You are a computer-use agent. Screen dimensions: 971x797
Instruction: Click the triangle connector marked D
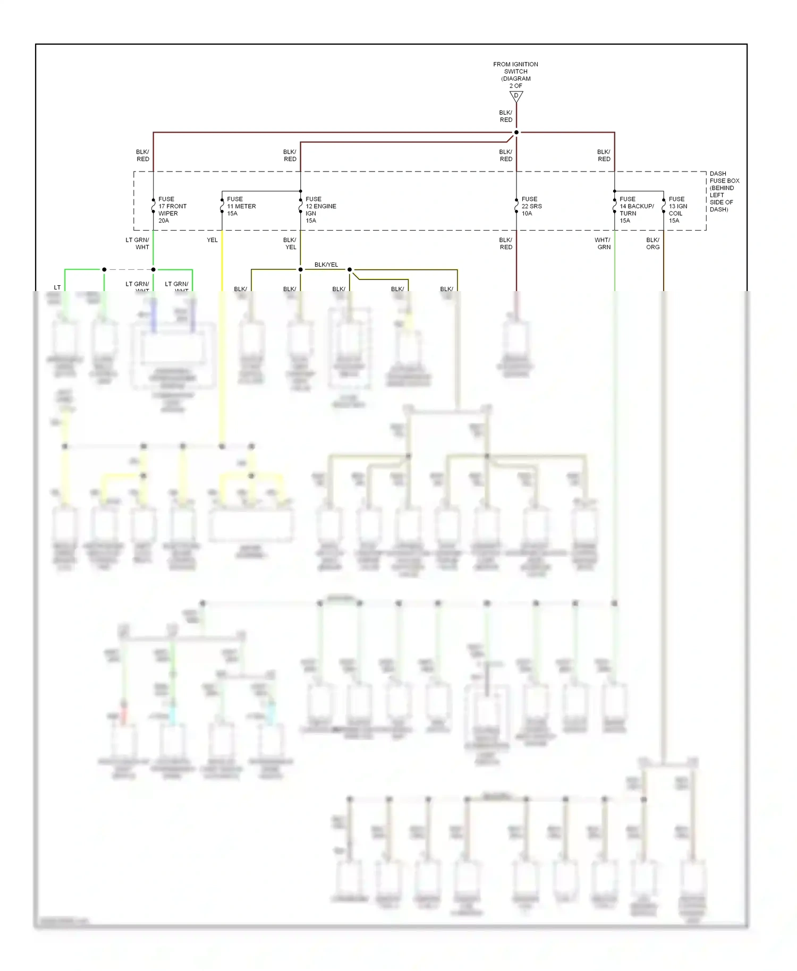(x=516, y=97)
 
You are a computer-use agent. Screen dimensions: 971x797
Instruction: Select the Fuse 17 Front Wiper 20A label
(x=172, y=210)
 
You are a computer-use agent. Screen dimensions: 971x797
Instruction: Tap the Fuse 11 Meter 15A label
(x=241, y=206)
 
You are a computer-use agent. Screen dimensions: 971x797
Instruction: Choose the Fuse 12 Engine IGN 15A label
(x=320, y=210)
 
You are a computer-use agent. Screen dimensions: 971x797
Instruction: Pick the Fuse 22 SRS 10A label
(x=531, y=206)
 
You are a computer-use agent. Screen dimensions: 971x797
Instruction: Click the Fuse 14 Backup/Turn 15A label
(x=636, y=210)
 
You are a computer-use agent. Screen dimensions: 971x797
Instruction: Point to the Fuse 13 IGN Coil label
(x=677, y=210)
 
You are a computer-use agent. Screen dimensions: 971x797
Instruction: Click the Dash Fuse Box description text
(x=724, y=191)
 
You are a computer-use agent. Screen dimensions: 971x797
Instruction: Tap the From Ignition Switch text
(x=515, y=75)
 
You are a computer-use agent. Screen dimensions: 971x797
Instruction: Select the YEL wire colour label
(x=212, y=240)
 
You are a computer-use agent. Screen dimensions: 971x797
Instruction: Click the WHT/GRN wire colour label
(x=603, y=244)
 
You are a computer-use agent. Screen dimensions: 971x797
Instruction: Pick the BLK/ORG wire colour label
(x=652, y=244)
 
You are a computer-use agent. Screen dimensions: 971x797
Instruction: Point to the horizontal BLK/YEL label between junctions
(x=326, y=265)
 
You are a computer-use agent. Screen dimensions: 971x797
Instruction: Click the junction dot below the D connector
(x=516, y=132)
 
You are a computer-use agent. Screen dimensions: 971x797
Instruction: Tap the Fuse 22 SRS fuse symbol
(x=516, y=206)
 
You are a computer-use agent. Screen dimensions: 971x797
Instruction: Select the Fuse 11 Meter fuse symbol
(x=222, y=206)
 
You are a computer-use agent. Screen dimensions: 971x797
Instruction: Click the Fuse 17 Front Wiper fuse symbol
(x=154, y=206)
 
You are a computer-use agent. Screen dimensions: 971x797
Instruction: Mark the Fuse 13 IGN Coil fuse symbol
(x=664, y=206)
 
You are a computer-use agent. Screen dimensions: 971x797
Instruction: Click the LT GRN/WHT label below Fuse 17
(x=137, y=244)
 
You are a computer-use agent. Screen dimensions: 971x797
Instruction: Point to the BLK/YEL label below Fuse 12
(x=290, y=244)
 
